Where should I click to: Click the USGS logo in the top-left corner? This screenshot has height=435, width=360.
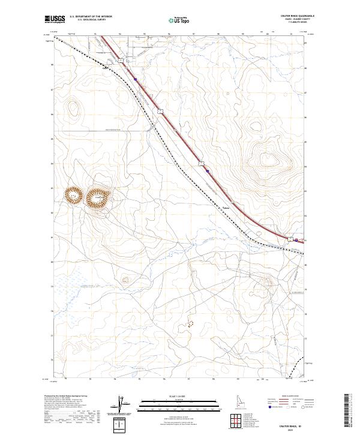click(55, 19)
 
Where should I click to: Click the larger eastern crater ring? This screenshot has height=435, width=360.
click(98, 196)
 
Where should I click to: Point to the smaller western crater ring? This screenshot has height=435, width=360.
click(73, 194)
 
